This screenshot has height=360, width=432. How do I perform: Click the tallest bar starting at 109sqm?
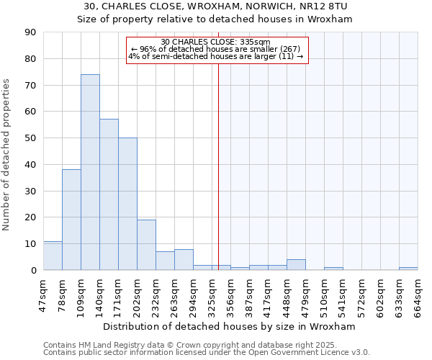pyautogui.click(x=90, y=172)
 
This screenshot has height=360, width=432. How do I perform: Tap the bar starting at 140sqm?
pyautogui.click(x=109, y=194)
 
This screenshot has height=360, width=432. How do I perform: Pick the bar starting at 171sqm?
pyautogui.click(x=127, y=204)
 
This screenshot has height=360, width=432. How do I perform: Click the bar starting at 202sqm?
pyautogui.click(x=146, y=245)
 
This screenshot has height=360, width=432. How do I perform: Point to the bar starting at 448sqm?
pyautogui.click(x=296, y=265)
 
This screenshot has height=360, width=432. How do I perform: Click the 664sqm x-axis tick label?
pyautogui.click(x=418, y=294)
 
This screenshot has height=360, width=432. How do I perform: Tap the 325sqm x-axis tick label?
pyautogui.click(x=212, y=294)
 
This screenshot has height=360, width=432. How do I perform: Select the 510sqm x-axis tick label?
pyautogui.click(x=325, y=294)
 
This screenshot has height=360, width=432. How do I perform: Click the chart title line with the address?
pyautogui.click(x=215, y=6)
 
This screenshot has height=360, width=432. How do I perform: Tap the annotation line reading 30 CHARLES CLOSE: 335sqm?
pyautogui.click(x=216, y=42)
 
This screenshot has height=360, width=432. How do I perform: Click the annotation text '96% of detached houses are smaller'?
pyautogui.click(x=216, y=49)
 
